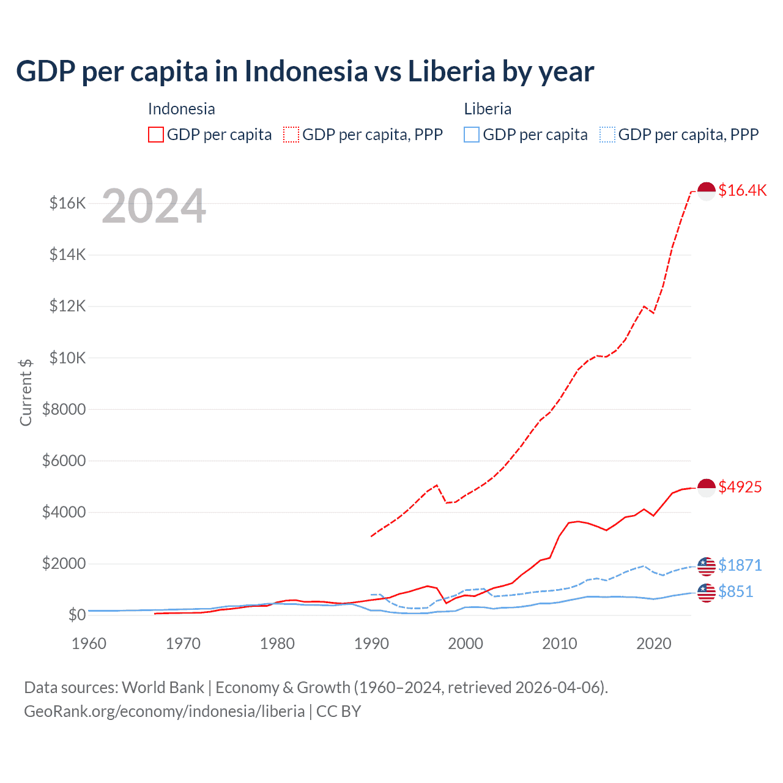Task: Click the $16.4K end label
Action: (x=742, y=190)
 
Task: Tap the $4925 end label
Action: (x=740, y=487)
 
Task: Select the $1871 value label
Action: (x=740, y=565)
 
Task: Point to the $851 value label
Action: (x=736, y=592)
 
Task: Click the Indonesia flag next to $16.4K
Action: (x=707, y=191)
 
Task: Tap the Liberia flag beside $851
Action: (x=707, y=592)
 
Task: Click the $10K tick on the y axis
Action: (x=67, y=358)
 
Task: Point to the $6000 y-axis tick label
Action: (x=64, y=461)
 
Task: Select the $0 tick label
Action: (x=76, y=615)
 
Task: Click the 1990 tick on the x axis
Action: (x=371, y=644)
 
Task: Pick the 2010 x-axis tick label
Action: (x=560, y=644)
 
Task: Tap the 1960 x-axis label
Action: (x=89, y=644)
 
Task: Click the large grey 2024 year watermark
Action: (x=154, y=207)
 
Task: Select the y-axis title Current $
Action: (x=26, y=393)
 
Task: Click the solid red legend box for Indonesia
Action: (x=156, y=135)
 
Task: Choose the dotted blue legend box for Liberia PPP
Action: (x=607, y=135)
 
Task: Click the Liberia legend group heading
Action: (x=488, y=109)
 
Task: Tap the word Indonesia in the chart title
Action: (x=306, y=71)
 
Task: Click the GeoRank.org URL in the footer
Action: (x=164, y=711)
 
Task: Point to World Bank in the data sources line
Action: (x=163, y=688)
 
